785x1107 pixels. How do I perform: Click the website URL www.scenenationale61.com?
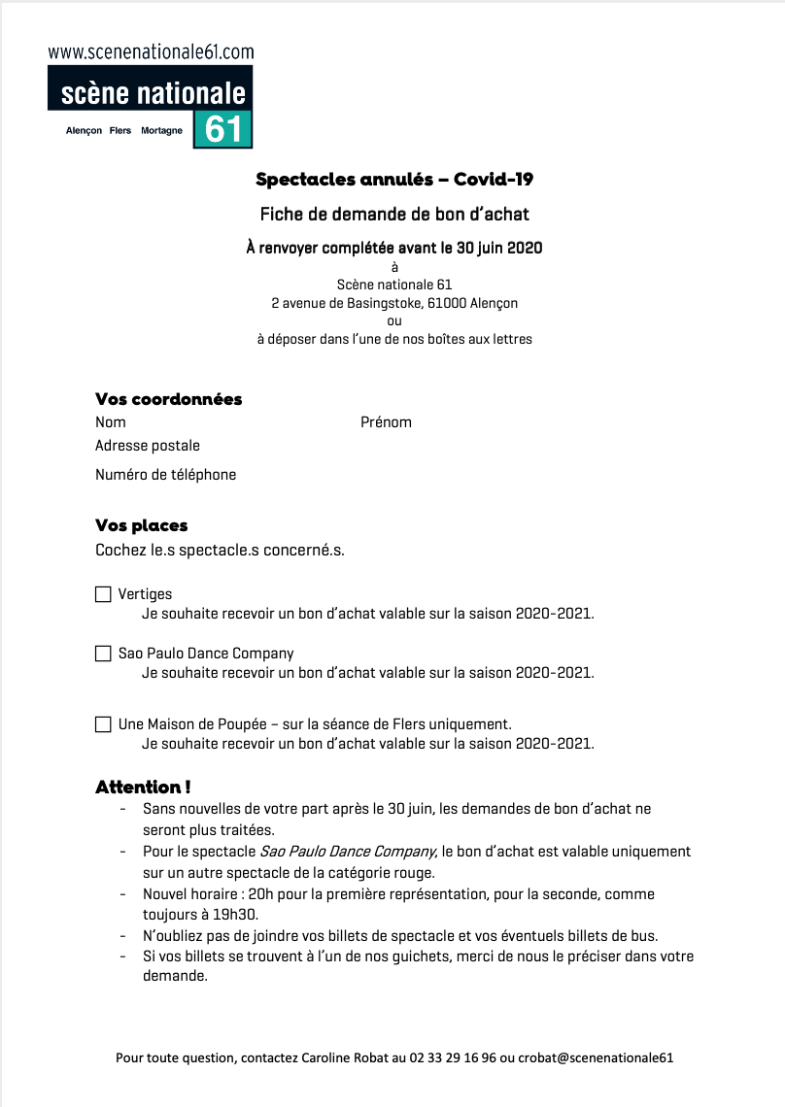151,52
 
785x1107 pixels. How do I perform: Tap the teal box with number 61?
222,129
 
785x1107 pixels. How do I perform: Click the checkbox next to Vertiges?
103,594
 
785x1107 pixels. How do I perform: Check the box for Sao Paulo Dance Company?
103,654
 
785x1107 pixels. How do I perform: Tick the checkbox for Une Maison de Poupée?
103,724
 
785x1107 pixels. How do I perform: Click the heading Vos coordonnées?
169,399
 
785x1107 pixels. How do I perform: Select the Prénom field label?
386,422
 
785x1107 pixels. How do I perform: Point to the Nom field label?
111,422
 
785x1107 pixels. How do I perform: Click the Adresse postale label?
148,446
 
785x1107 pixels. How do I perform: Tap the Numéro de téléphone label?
165,475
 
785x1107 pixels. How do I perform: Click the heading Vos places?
142,525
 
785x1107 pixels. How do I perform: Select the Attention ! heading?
143,787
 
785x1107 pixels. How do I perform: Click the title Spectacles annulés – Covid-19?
394,179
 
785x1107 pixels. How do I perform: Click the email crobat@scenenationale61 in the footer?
596,1057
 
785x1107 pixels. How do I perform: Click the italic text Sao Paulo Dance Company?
349,852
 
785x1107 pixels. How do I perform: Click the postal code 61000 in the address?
447,303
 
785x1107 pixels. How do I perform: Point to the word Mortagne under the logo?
161,131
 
